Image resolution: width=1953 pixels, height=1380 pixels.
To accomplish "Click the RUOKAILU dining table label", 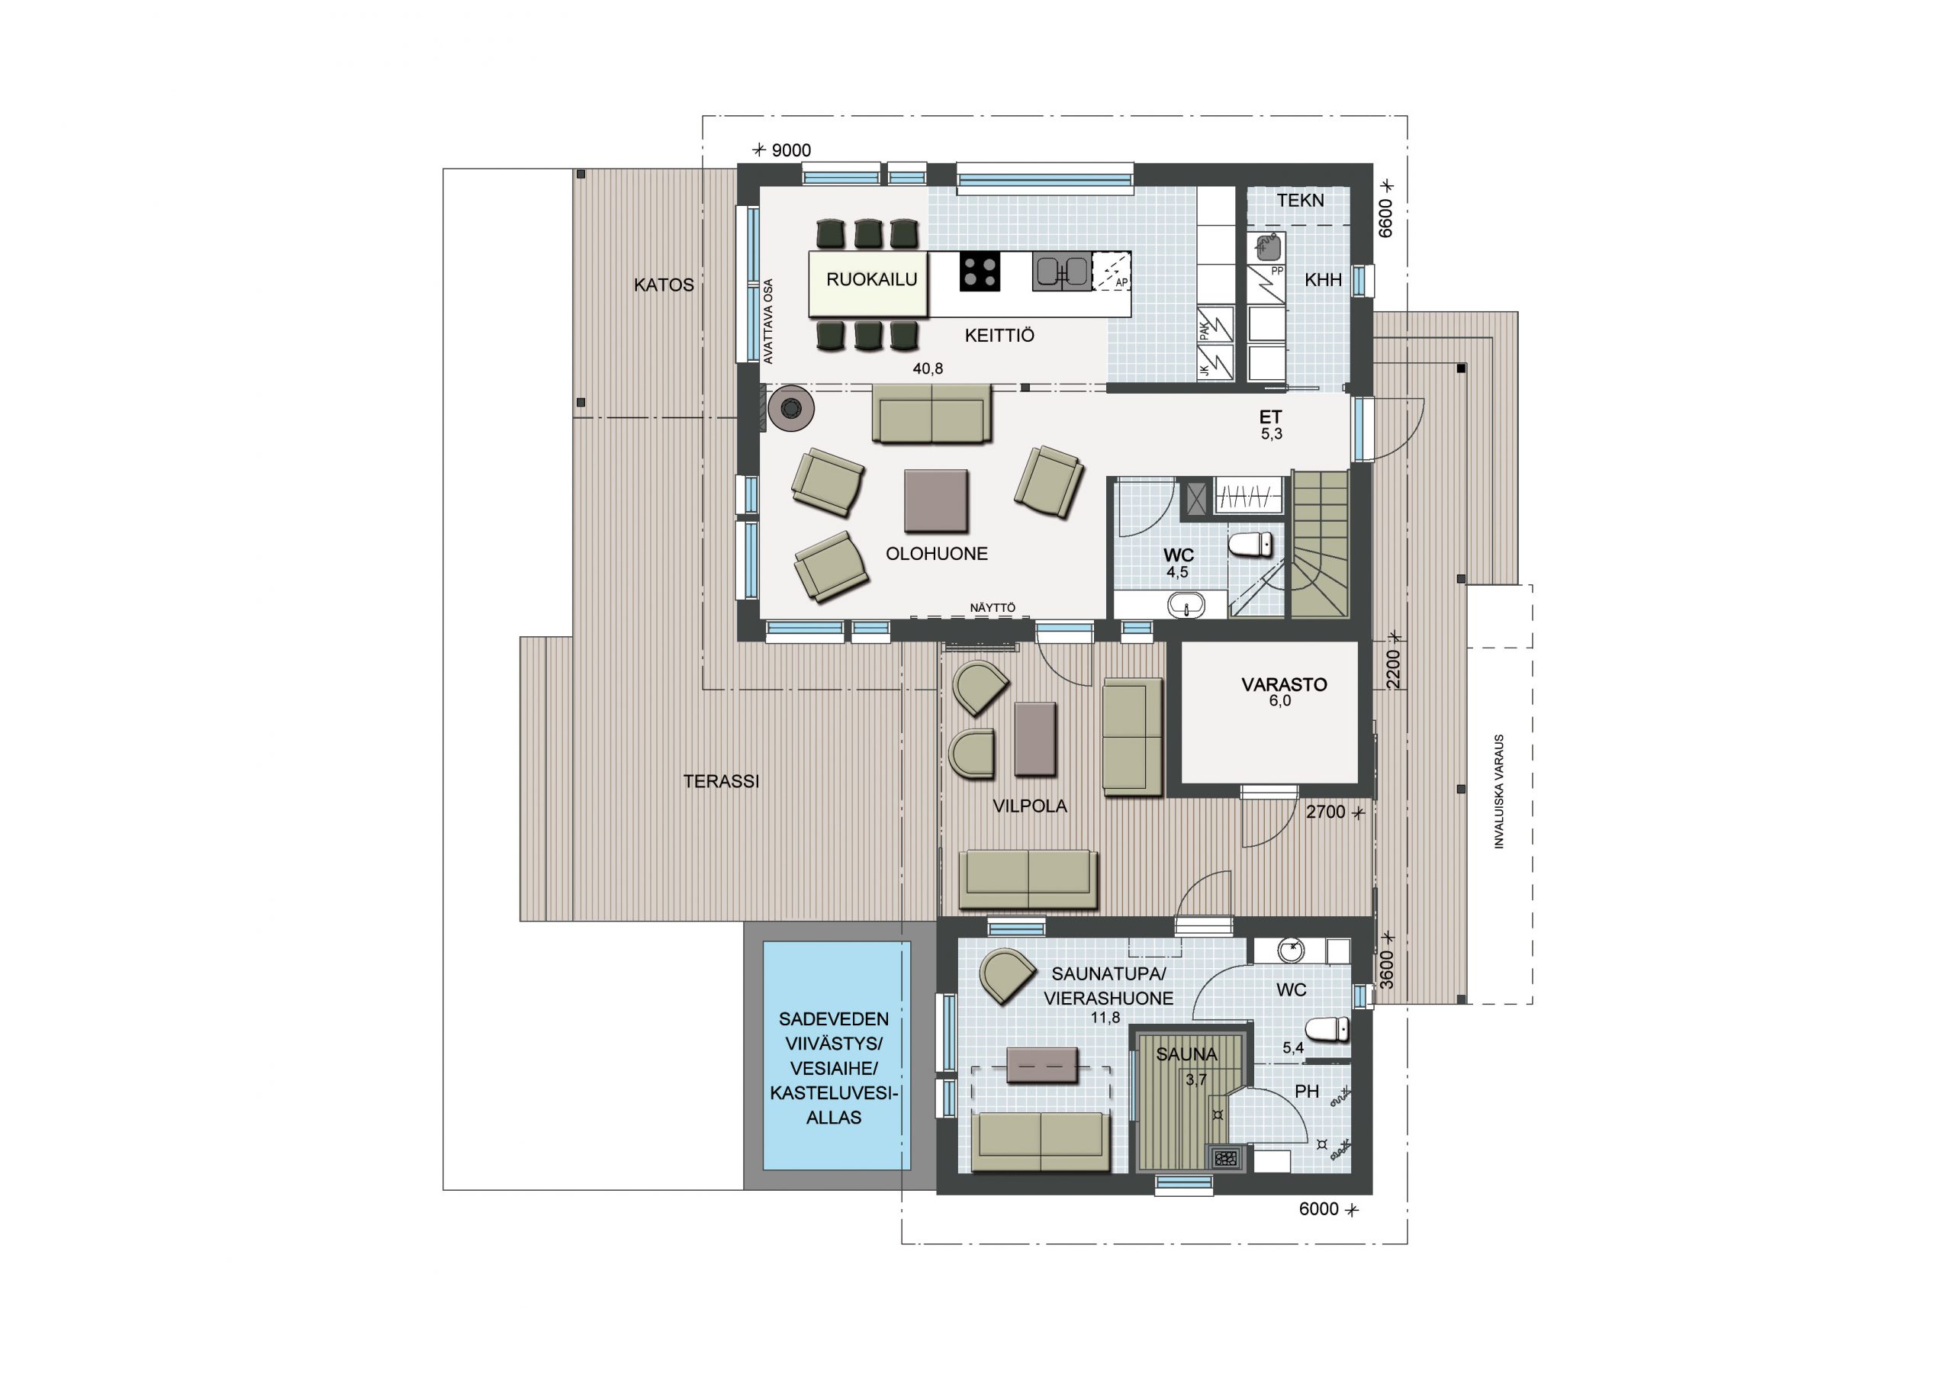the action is pyautogui.click(x=872, y=279).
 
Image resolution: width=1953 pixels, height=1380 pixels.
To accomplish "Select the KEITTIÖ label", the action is pyautogui.click(x=999, y=335).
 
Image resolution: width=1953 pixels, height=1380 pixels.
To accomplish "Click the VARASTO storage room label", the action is pyautogui.click(x=1284, y=684).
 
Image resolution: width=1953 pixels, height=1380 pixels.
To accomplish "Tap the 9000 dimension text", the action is pyautogui.click(x=791, y=150).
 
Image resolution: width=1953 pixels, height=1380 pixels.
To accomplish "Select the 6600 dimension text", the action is pyautogui.click(x=1385, y=218).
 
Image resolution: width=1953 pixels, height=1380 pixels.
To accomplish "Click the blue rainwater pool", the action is pyautogui.click(x=836, y=1056).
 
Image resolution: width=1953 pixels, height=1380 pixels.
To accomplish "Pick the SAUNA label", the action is pyautogui.click(x=1186, y=1054).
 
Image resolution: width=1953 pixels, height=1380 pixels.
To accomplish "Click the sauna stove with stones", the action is pyautogui.click(x=1226, y=1158).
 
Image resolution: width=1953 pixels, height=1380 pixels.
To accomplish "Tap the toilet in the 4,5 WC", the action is pyautogui.click(x=1250, y=544).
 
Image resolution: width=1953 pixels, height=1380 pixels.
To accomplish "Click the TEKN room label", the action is pyautogui.click(x=1301, y=201).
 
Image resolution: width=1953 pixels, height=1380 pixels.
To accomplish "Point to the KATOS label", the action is pyautogui.click(x=664, y=285).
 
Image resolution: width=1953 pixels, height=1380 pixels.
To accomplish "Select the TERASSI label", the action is pyautogui.click(x=722, y=781).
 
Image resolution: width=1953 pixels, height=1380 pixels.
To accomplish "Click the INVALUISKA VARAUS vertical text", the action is pyautogui.click(x=1499, y=791).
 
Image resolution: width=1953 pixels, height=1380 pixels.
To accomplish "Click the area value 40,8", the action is pyautogui.click(x=928, y=368).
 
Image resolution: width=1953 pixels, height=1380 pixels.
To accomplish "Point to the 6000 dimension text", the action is pyautogui.click(x=1318, y=1209).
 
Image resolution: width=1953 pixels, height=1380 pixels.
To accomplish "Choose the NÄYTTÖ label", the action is pyautogui.click(x=993, y=607).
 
